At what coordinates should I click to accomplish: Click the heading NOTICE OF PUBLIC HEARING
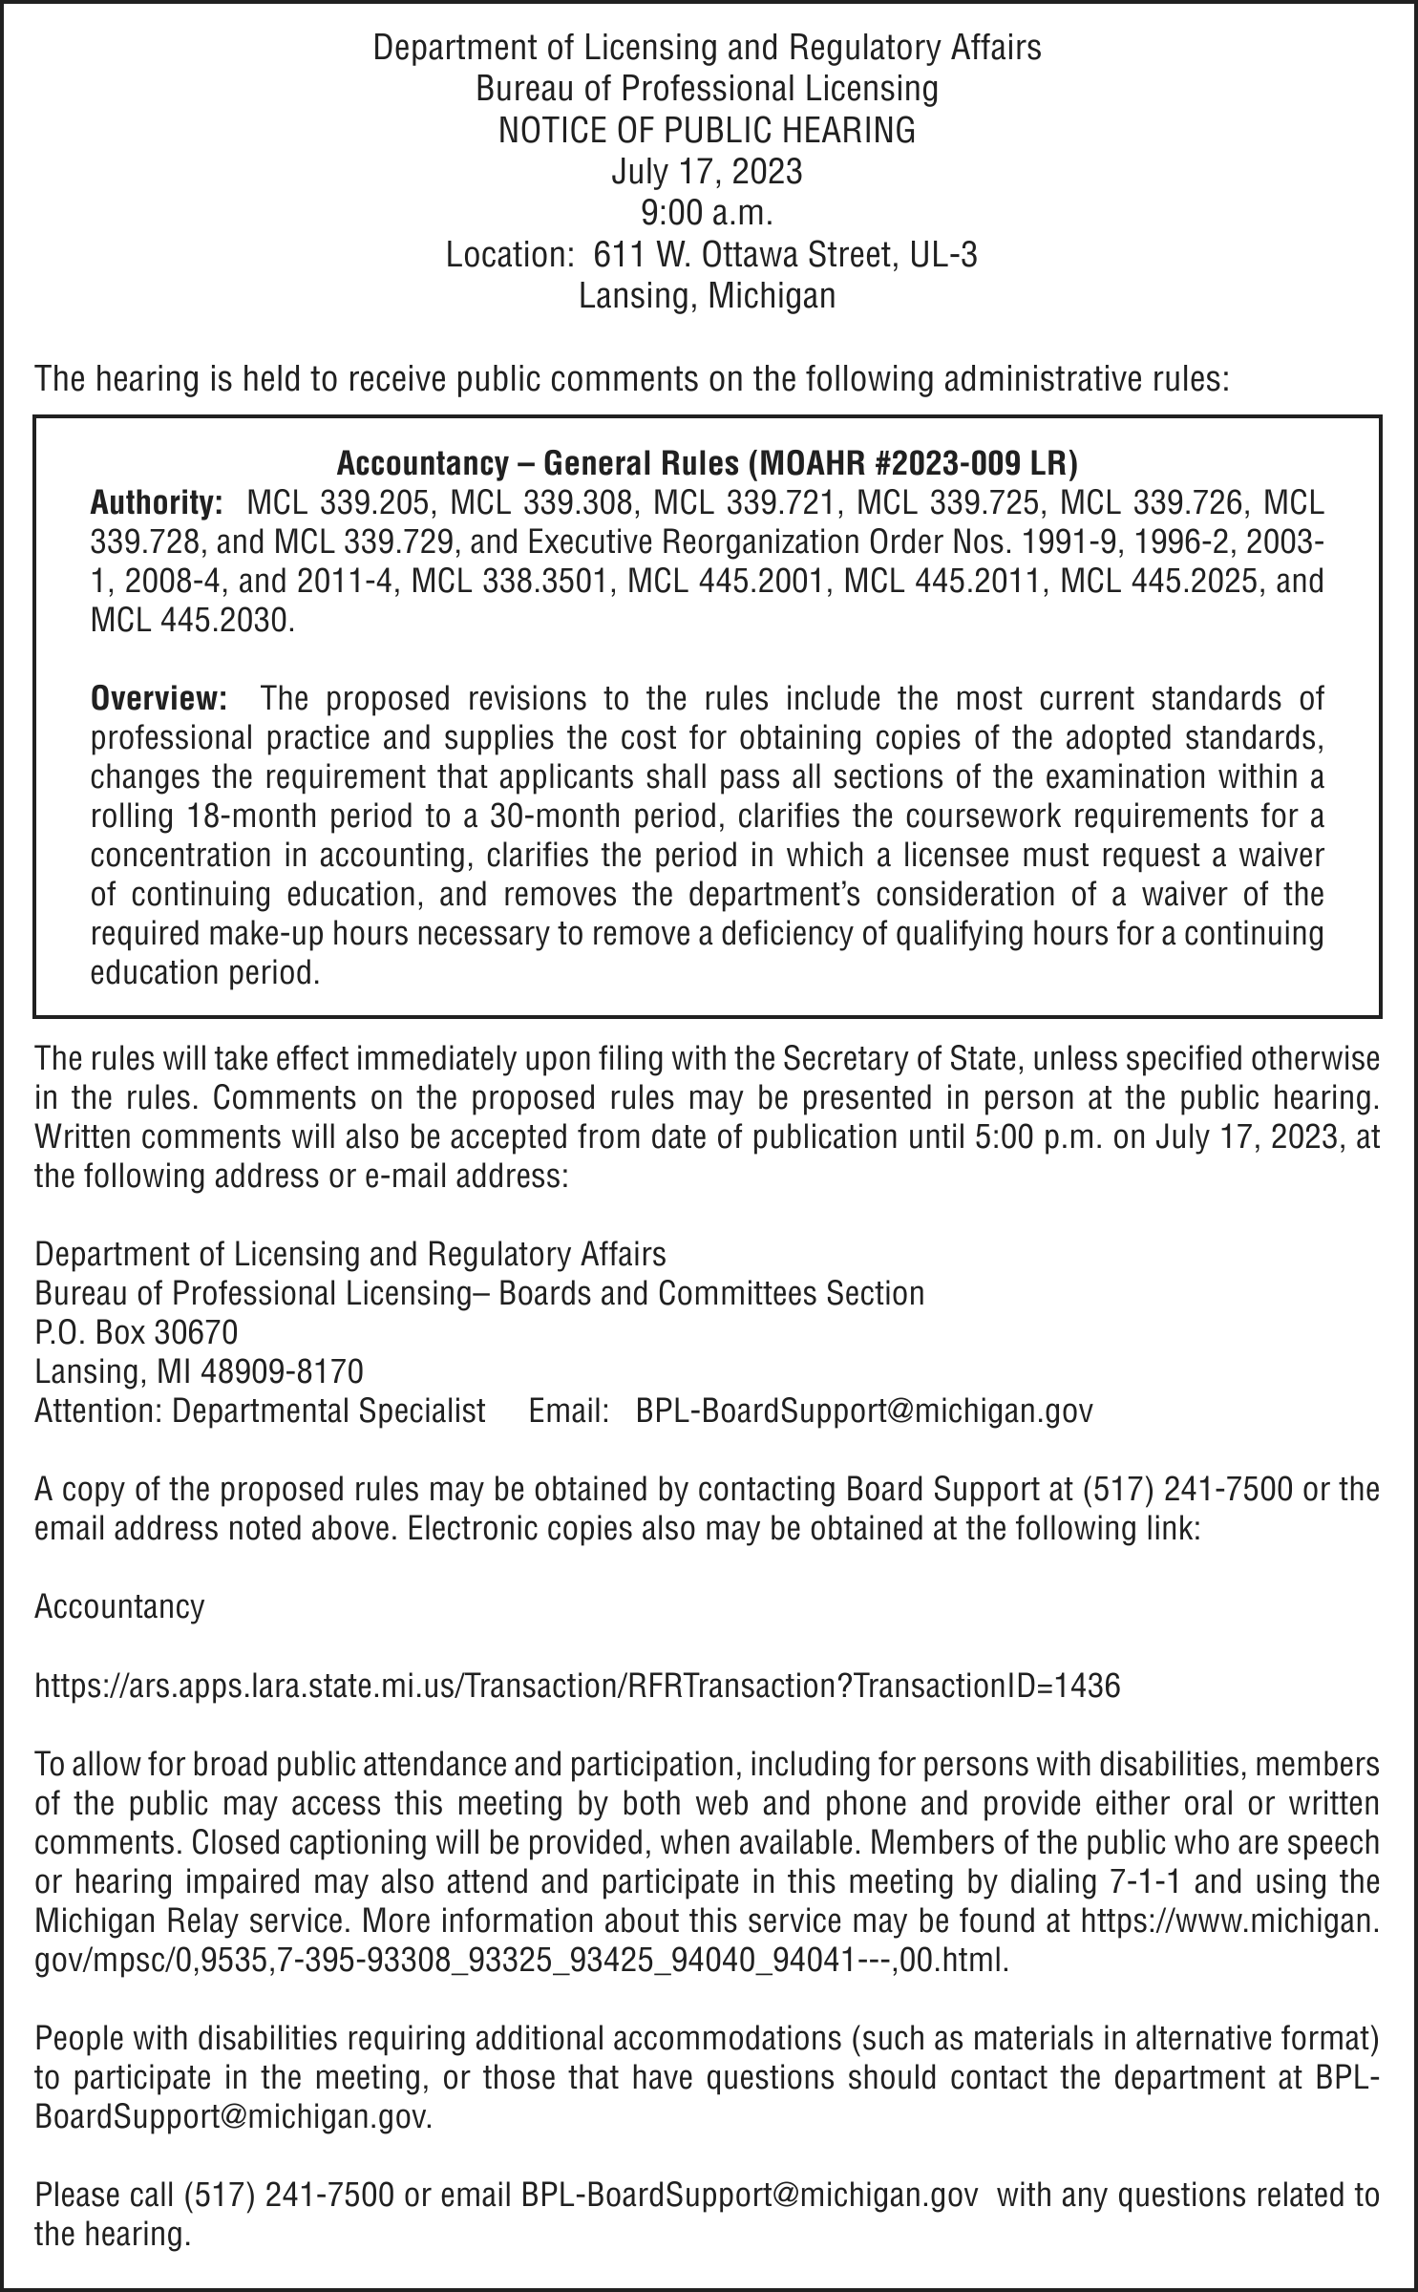coord(707,130)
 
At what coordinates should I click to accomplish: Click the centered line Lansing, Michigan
coord(707,296)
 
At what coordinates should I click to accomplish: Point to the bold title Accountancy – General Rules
coord(707,464)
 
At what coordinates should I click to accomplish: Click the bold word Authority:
coord(157,502)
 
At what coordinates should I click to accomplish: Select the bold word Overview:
coord(159,699)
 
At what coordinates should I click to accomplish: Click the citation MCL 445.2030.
coord(191,621)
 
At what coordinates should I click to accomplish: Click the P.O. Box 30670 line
coord(136,1331)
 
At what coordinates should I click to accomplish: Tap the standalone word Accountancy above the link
coord(119,1606)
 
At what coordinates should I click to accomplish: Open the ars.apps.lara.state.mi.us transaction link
coord(577,1687)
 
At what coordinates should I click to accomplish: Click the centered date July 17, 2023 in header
coord(707,172)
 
